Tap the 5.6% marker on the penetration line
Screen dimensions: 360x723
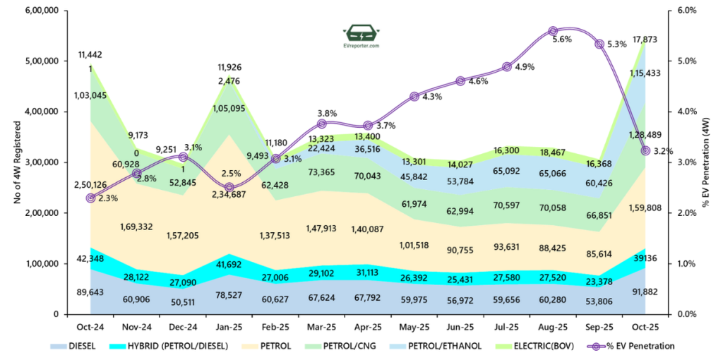(553, 31)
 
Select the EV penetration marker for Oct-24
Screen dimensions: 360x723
(90, 198)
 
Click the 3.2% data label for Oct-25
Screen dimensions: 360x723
(663, 151)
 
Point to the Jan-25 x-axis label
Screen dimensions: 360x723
(229, 327)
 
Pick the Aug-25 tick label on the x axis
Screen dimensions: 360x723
(553, 327)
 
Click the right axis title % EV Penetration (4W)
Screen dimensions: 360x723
(707, 162)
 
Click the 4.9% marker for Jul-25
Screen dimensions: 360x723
(506, 67)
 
